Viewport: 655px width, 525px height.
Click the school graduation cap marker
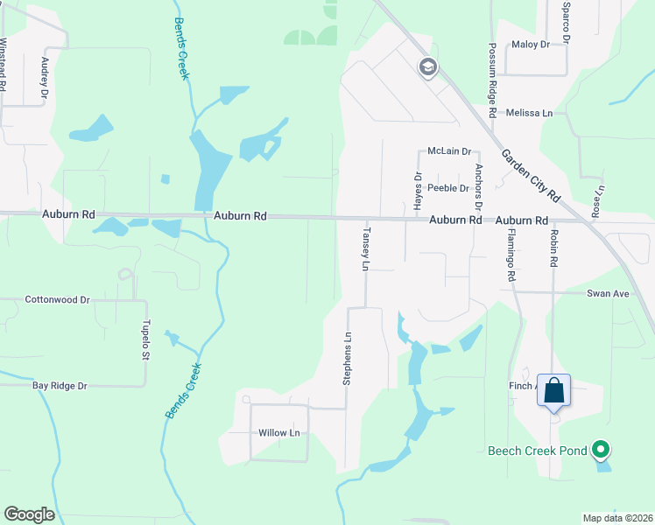coord(428,67)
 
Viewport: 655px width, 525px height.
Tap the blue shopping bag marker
coord(554,390)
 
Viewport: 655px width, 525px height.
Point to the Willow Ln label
coord(278,433)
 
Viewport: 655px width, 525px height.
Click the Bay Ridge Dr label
coord(60,385)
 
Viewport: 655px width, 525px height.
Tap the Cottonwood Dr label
coord(58,299)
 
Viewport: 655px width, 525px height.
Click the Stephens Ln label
coord(348,360)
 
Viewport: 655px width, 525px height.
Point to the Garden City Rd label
coord(534,180)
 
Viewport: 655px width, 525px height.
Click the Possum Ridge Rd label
coord(493,80)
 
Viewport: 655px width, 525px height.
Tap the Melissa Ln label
coord(535,113)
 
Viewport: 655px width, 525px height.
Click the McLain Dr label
coord(449,151)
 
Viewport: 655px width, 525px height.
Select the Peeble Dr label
coord(448,188)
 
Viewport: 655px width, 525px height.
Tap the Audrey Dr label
coord(43,76)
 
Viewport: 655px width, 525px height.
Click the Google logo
coord(29,514)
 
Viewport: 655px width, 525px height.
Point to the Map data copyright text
coord(617,518)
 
